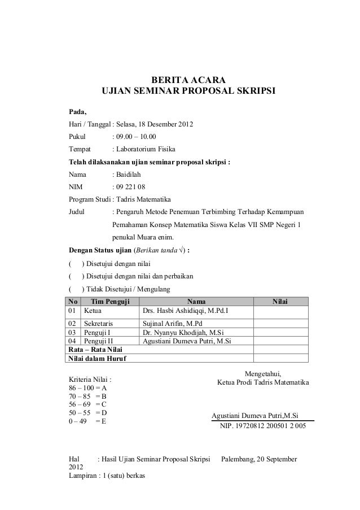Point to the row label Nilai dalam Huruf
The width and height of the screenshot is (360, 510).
(x=98, y=358)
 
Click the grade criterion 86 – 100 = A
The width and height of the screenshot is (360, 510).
(x=88, y=389)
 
